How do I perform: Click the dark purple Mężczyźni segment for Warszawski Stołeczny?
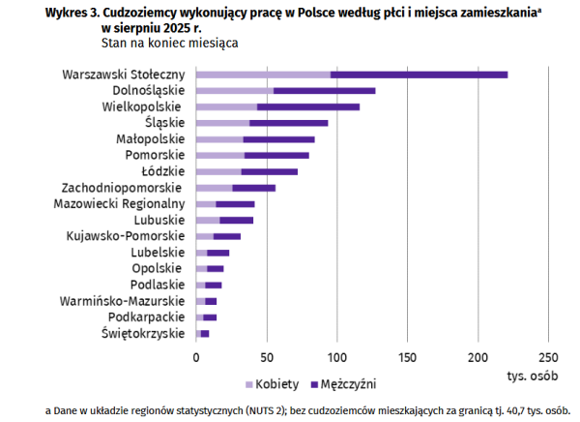(419, 75)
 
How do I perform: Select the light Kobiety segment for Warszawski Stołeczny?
(263, 75)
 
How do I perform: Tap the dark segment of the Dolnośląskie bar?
(324, 91)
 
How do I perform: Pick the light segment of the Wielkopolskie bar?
(226, 106)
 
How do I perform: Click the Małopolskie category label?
(153, 139)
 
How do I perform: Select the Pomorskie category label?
(155, 155)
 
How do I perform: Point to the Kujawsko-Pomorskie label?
(126, 235)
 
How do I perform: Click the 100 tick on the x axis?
(336, 356)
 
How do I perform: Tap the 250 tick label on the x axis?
(548, 356)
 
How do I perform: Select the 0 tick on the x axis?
(196, 356)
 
